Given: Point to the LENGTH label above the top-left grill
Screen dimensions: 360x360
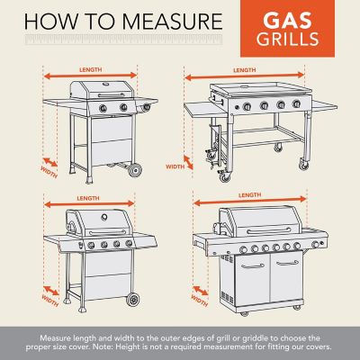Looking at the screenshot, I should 91,69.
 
